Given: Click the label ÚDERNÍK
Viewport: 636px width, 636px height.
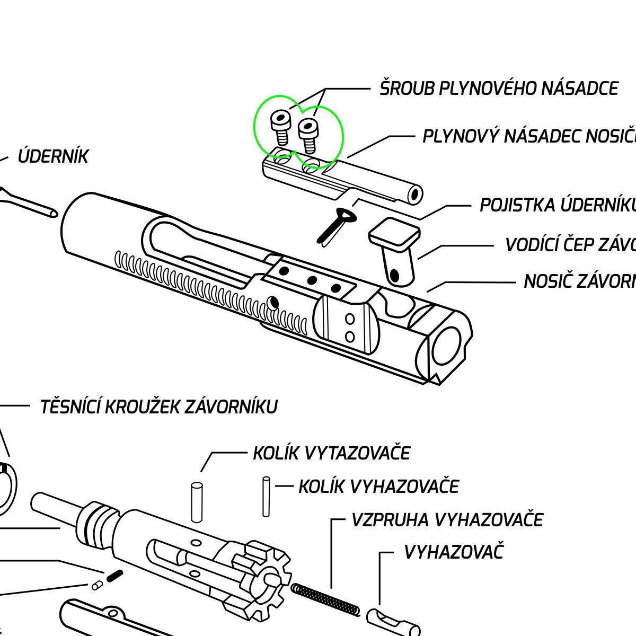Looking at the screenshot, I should click(53, 156).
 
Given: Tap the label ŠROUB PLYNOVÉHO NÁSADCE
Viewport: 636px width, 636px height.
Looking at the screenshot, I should click(499, 88).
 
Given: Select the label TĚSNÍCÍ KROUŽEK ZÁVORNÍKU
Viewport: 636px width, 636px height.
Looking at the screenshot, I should click(159, 407).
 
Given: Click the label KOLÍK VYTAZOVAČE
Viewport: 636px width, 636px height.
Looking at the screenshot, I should click(331, 453).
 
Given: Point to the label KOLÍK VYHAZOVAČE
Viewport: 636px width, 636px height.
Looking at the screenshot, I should click(378, 486).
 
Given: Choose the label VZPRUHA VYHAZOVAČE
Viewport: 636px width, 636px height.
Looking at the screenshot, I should click(447, 519).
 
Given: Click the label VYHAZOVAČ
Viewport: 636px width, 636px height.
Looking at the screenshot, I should click(453, 552).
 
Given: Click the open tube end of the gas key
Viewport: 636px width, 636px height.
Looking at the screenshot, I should click(415, 195).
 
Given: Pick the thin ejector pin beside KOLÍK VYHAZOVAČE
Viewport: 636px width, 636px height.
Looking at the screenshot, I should click(267, 497).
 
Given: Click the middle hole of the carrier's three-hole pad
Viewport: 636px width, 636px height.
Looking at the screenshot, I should click(312, 280).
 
